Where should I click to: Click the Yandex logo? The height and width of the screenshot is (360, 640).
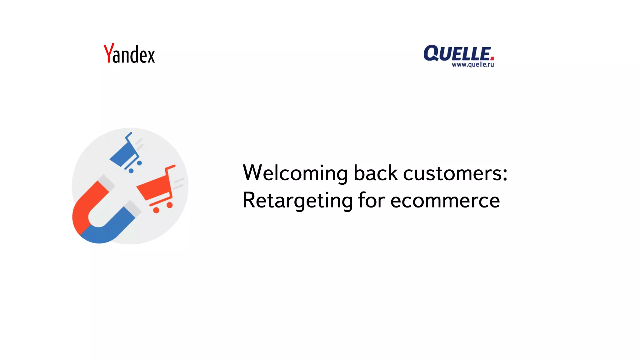(x=129, y=54)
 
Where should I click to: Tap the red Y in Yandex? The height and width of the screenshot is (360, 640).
(x=108, y=53)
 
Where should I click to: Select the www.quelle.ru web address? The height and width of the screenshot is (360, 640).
(x=472, y=65)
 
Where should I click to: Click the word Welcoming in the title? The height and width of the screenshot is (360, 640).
(x=295, y=173)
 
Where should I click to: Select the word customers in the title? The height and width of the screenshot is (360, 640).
(x=452, y=173)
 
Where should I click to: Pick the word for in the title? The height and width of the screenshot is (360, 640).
(x=372, y=200)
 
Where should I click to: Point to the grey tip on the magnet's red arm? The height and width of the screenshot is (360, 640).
(x=106, y=182)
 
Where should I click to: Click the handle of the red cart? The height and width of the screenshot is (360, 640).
(x=170, y=168)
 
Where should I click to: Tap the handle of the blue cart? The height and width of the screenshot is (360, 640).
(x=128, y=135)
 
